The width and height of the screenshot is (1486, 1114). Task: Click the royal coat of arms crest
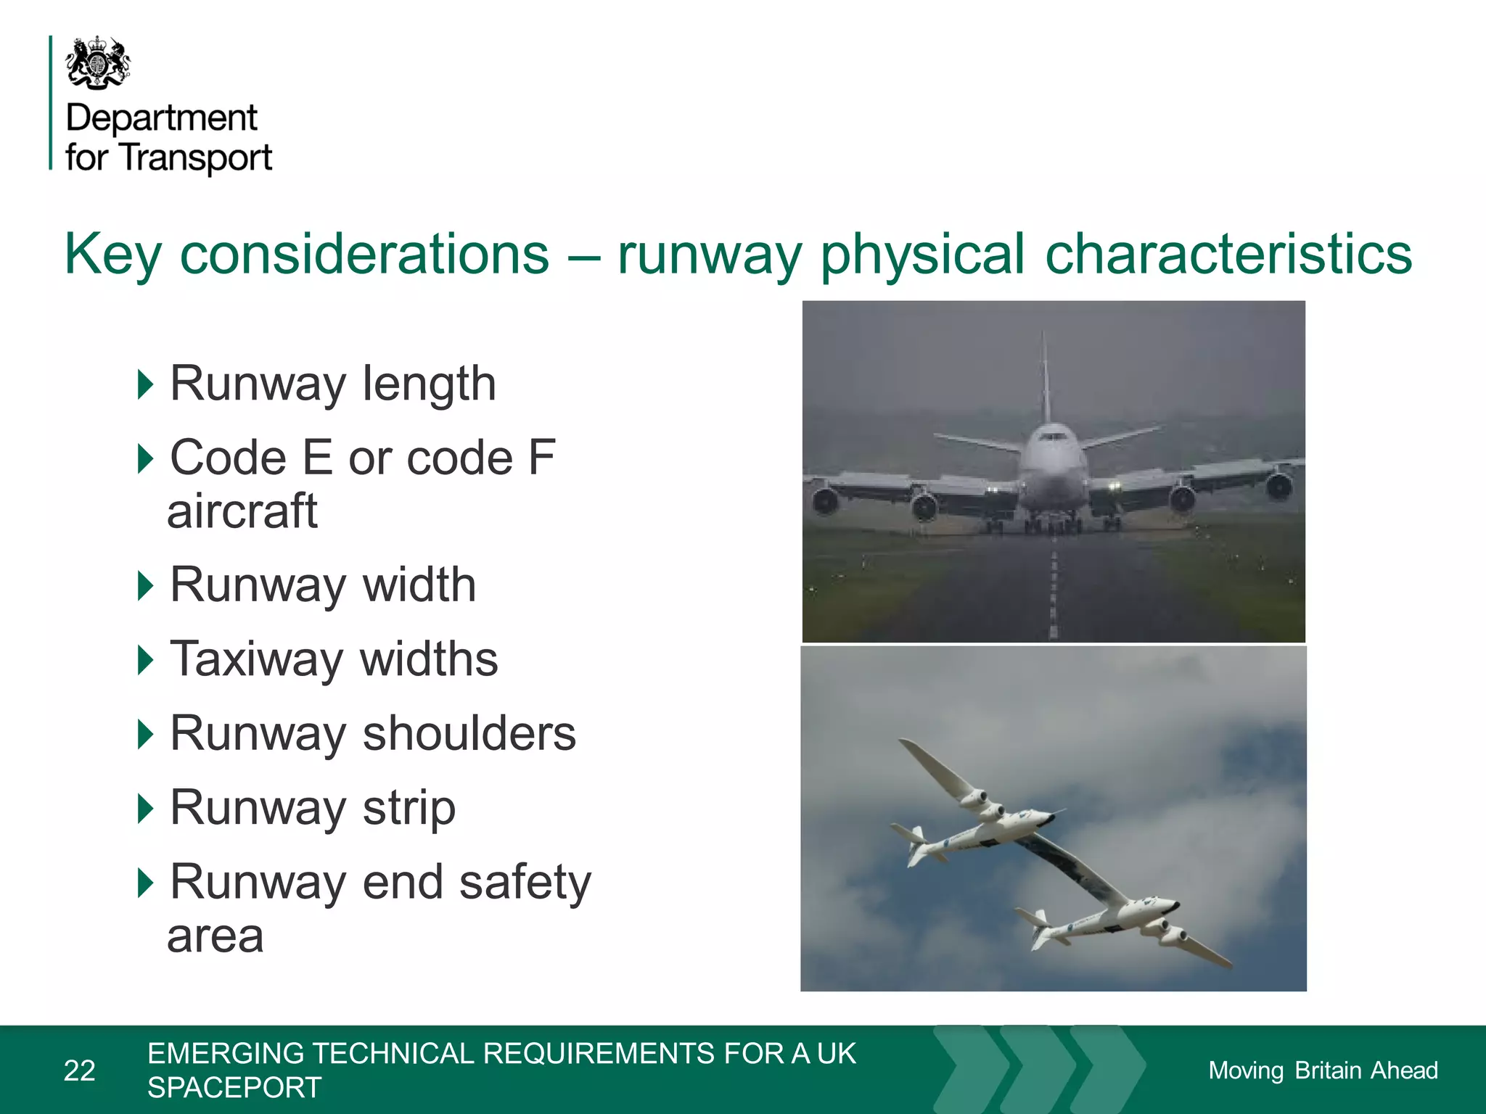coord(98,63)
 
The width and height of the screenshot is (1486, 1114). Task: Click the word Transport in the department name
coord(196,157)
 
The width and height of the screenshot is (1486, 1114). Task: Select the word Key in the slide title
coord(112,255)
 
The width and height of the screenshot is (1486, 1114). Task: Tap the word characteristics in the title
coord(1228,255)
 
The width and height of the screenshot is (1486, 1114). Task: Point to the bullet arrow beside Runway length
coord(146,384)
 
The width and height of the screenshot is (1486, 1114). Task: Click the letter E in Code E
coord(316,458)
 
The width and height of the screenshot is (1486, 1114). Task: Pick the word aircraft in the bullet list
coord(242,511)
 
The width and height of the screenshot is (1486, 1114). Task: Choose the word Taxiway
coord(256,659)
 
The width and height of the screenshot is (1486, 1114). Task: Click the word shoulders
coord(469,733)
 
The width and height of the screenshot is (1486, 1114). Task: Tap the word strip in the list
coord(409,808)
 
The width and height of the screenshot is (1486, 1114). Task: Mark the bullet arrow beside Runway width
coord(146,585)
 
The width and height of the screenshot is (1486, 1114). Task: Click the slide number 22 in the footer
coord(80,1070)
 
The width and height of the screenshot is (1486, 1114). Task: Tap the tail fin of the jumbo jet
coord(1045,377)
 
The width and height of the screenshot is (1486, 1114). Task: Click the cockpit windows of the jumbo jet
coord(1051,437)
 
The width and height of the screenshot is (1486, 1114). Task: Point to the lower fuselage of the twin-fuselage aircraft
coord(1110,920)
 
